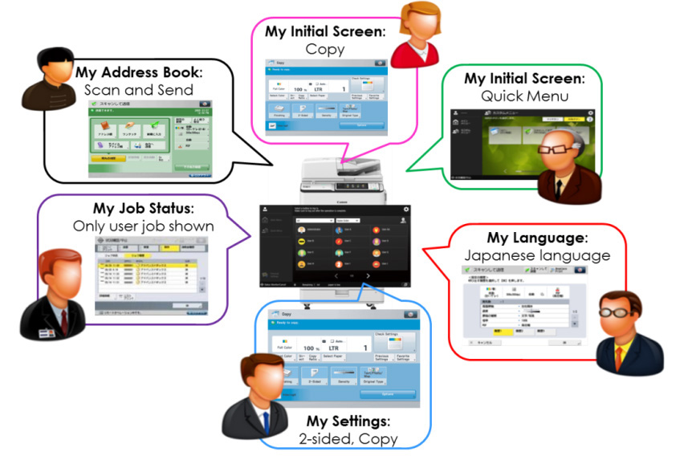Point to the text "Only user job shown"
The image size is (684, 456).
coord(143,226)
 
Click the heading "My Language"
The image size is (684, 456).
coord(534,238)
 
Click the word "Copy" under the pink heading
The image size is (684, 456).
coord(324,49)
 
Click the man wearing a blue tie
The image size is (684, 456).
coord(254,396)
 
